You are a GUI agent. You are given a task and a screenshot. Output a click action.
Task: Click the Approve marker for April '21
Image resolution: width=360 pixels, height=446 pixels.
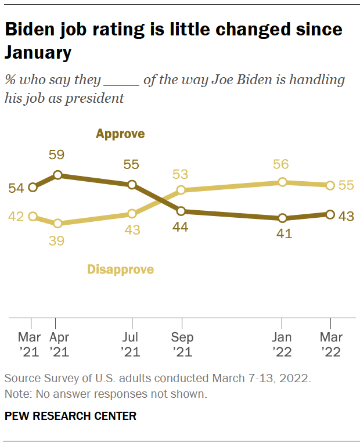(x=57, y=174)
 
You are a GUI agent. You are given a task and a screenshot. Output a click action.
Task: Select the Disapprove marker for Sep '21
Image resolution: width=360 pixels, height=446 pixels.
(x=181, y=190)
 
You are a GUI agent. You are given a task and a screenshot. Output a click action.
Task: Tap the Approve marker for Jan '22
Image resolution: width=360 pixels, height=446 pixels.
(x=283, y=218)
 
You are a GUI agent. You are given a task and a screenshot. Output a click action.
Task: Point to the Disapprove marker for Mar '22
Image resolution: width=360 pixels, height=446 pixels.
(x=330, y=185)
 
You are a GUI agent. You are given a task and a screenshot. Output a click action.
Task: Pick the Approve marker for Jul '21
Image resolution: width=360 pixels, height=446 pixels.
(x=132, y=185)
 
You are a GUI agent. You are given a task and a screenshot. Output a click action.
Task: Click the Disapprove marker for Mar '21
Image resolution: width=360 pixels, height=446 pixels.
(x=33, y=216)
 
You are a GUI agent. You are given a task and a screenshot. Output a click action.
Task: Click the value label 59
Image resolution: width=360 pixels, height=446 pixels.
(x=57, y=155)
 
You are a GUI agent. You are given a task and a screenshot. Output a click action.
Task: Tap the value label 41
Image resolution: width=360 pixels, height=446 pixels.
(x=283, y=235)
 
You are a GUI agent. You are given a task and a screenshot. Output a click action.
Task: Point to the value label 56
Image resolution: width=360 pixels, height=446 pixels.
(x=281, y=164)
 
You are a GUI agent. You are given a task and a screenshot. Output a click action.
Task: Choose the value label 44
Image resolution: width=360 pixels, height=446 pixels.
(x=182, y=228)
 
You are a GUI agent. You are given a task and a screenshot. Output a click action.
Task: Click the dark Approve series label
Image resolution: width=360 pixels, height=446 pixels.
(x=120, y=135)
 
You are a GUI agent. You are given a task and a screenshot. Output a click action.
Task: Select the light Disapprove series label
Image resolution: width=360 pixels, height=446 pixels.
(x=120, y=269)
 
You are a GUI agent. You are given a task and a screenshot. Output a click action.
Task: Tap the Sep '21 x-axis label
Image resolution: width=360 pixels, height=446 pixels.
(x=182, y=344)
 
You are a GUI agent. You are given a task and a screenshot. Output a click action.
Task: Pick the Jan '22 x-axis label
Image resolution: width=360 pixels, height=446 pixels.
(x=283, y=344)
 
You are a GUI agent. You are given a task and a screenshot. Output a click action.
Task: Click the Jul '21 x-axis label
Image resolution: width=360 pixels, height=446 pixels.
(x=132, y=344)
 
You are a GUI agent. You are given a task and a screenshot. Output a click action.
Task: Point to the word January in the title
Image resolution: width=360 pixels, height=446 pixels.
(x=38, y=53)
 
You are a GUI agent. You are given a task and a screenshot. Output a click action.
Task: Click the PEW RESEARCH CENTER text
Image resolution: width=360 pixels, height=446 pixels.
(x=70, y=416)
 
